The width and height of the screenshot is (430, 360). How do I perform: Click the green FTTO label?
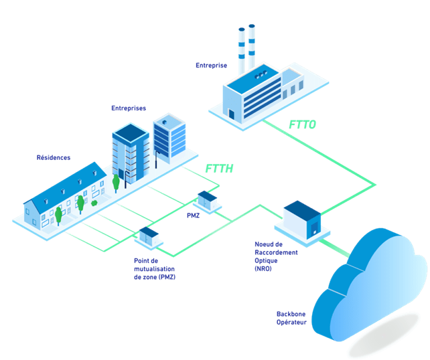(x=302, y=124)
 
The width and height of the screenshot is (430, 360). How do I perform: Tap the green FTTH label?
(x=219, y=169)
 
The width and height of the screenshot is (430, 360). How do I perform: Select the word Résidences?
(x=54, y=157)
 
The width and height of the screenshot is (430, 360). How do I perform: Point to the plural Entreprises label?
(x=129, y=108)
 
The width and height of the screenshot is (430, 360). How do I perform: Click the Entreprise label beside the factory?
(x=212, y=66)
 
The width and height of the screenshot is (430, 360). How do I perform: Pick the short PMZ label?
(x=194, y=215)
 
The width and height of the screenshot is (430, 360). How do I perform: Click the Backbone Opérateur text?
(x=291, y=318)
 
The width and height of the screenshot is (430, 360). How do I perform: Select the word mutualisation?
(x=155, y=269)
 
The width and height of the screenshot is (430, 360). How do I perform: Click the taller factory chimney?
(x=252, y=48)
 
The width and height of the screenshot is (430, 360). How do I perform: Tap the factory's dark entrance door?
(x=232, y=114)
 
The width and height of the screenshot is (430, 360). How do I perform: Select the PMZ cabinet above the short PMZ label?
(x=208, y=201)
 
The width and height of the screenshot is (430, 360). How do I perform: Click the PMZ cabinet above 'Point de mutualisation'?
(x=149, y=238)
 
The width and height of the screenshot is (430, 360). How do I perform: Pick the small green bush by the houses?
(x=94, y=203)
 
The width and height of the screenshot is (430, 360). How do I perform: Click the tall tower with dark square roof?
(x=131, y=154)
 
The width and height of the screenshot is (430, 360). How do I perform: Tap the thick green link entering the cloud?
(x=335, y=248)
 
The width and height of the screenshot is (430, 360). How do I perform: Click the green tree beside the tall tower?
(x=116, y=183)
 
